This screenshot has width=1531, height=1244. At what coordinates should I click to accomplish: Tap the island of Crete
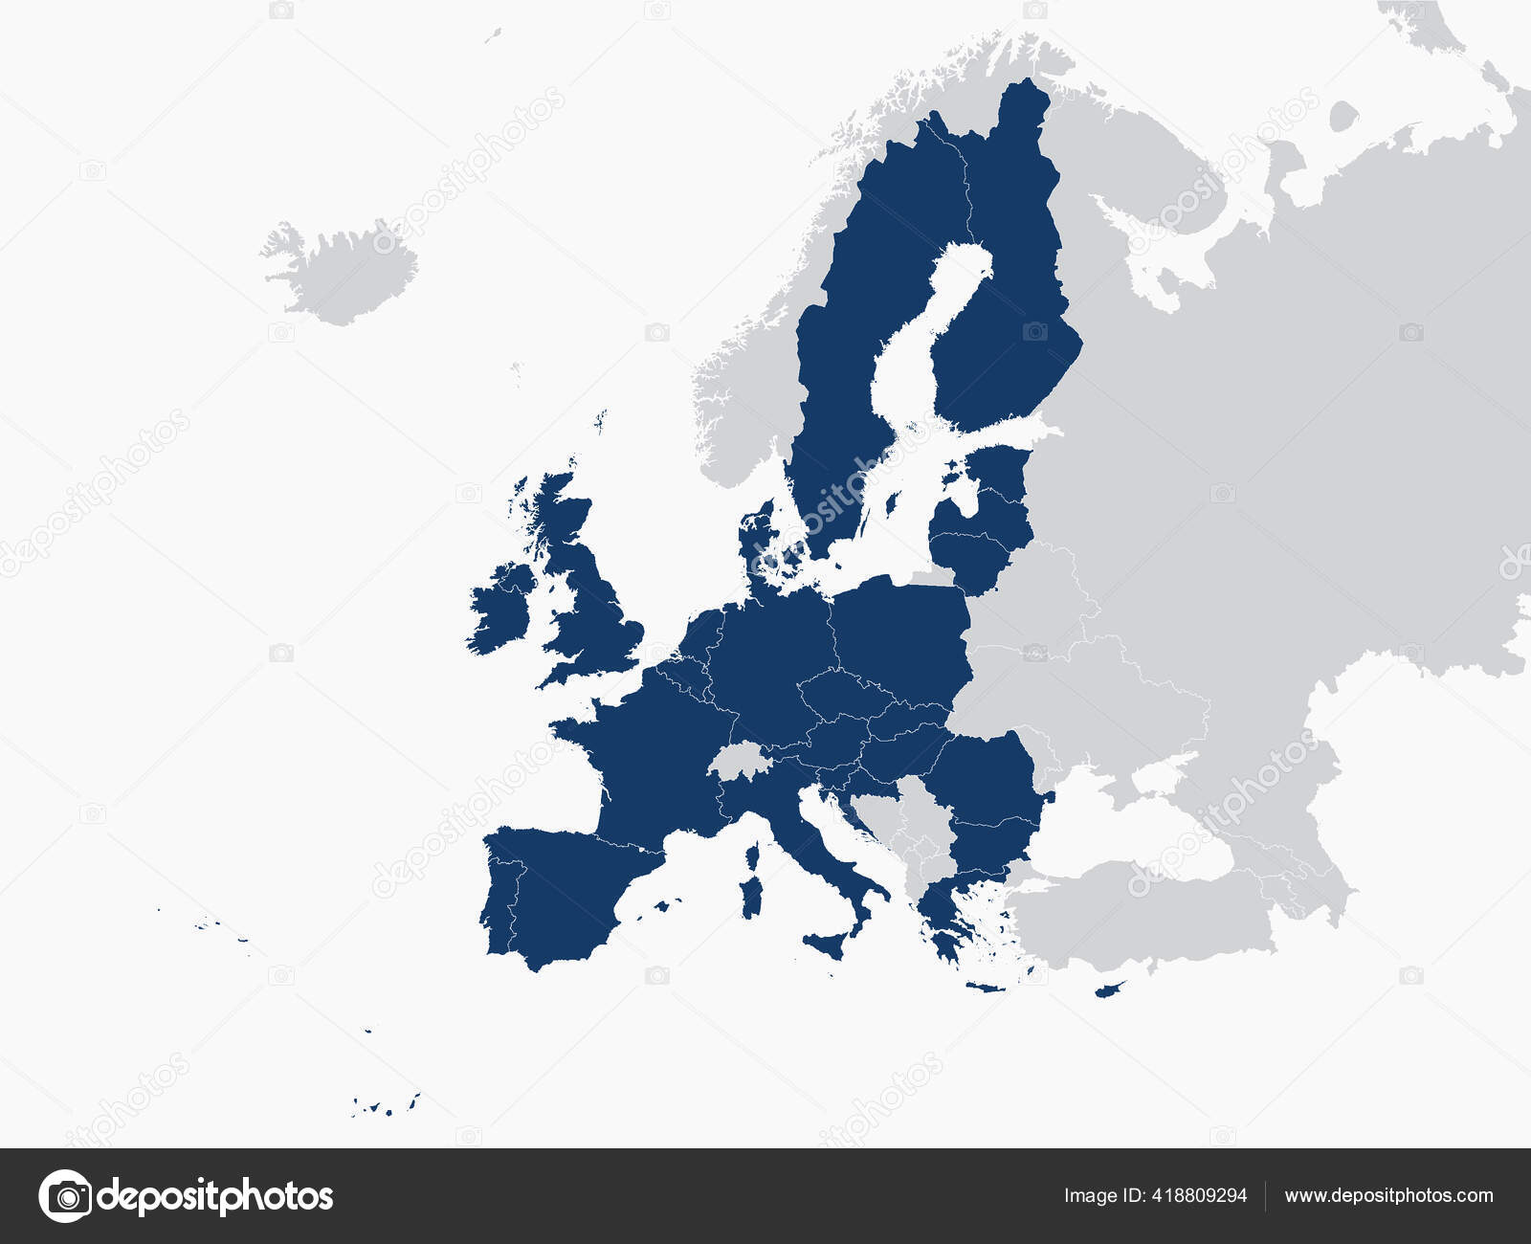coord(986,987)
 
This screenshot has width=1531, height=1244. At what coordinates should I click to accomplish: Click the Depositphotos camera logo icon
coord(65,1195)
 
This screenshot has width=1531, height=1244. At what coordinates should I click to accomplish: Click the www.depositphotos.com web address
coord(1388,1196)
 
